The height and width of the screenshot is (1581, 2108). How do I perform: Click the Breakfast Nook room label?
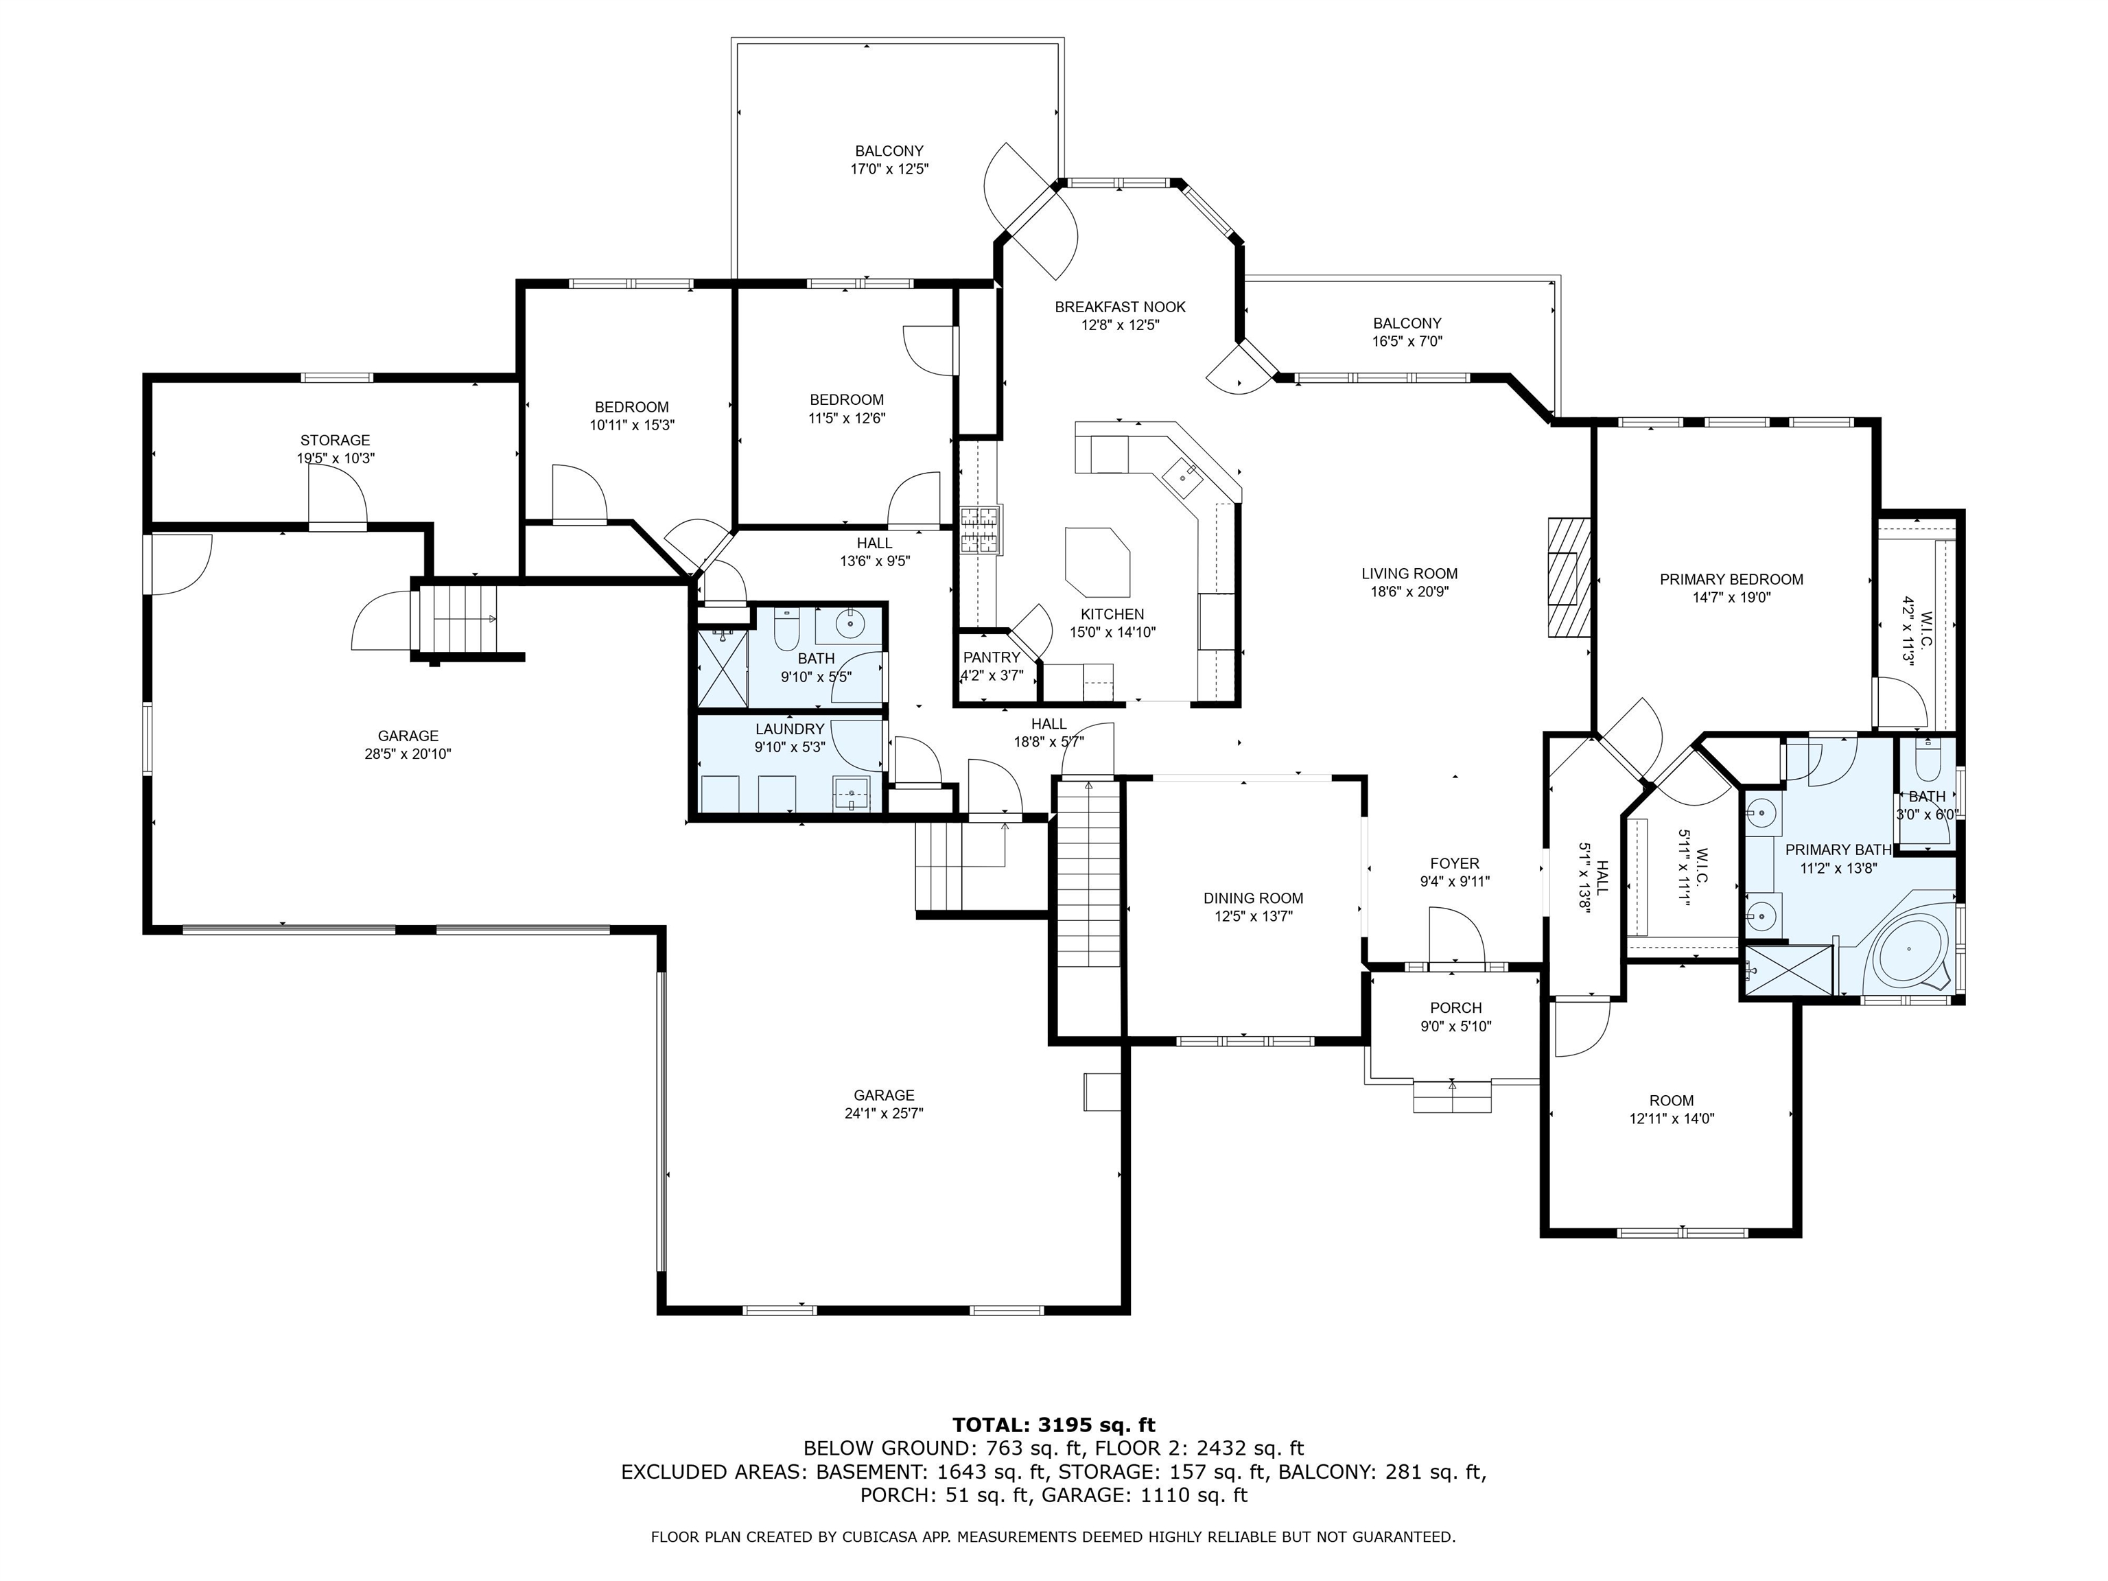pos(1120,307)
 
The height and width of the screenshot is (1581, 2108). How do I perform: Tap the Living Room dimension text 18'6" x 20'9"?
pos(1409,592)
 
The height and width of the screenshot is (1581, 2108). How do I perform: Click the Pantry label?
pos(991,657)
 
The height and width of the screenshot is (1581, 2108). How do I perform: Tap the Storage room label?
pos(336,441)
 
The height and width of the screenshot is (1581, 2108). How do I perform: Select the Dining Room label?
pos(1253,898)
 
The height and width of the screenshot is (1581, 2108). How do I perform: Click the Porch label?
pos(1456,1007)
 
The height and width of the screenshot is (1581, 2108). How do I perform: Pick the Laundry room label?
pos(789,729)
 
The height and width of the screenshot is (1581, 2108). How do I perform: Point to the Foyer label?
pos(1454,863)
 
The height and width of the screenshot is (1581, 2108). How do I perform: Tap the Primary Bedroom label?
pos(1731,579)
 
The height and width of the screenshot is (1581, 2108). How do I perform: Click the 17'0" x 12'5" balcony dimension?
pos(889,169)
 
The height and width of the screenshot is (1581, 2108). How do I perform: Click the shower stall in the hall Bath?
pos(723,666)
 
